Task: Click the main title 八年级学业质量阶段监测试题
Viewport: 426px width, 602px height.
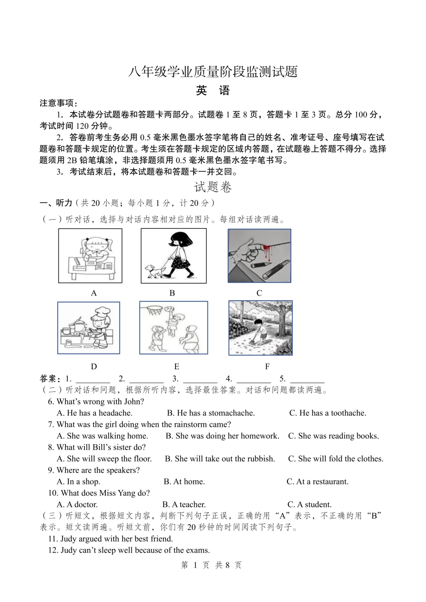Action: pyautogui.click(x=213, y=71)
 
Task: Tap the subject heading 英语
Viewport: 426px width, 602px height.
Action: pyautogui.click(x=213, y=91)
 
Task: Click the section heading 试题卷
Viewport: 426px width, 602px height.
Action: pyautogui.click(x=213, y=187)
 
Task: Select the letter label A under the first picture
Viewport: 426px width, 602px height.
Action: pyautogui.click(x=94, y=293)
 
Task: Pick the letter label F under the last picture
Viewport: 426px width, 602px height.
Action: pyautogui.click(x=267, y=366)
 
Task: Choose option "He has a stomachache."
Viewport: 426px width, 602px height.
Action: pyautogui.click(x=211, y=413)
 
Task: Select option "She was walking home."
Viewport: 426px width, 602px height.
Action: pyautogui.click(x=103, y=436)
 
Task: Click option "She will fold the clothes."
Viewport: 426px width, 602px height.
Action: pyautogui.click(x=336, y=459)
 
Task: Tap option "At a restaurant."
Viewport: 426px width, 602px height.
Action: pyautogui.click(x=318, y=482)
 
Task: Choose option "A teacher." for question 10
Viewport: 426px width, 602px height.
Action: pyautogui.click(x=184, y=505)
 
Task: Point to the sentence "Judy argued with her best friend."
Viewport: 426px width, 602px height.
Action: pyautogui.click(x=111, y=539)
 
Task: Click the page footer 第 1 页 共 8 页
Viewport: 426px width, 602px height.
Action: pyautogui.click(x=211, y=565)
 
